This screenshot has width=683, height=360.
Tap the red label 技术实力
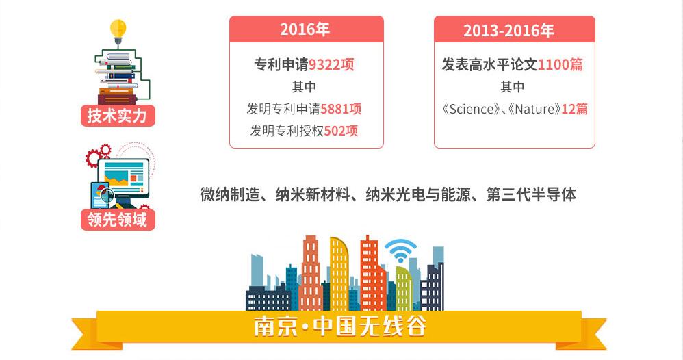[118, 116]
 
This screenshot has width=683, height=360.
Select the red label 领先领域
[118, 219]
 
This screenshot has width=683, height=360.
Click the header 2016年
[305, 29]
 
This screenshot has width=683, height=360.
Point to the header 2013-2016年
[508, 31]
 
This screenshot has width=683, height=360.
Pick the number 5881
[335, 109]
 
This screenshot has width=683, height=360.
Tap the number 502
[335, 131]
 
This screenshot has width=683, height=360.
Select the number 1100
[553, 65]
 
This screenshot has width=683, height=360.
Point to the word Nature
[535, 109]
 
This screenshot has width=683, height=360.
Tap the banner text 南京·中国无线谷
[339, 326]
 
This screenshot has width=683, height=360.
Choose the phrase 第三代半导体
[531, 194]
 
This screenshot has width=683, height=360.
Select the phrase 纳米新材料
[313, 194]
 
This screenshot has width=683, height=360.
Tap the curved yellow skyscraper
[339, 273]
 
